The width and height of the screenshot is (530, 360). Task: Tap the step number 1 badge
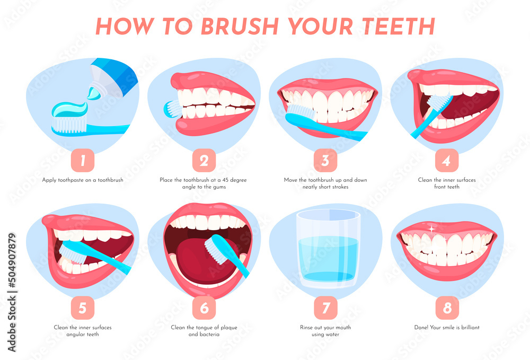point(82,160)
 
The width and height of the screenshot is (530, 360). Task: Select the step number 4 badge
point(447,160)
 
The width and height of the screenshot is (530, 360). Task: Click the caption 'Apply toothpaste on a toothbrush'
point(83,180)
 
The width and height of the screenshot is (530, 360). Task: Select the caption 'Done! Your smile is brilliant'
point(447,328)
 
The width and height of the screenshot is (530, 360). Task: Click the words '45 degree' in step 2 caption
point(232,180)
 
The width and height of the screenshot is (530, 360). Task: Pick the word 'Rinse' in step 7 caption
point(307,328)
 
